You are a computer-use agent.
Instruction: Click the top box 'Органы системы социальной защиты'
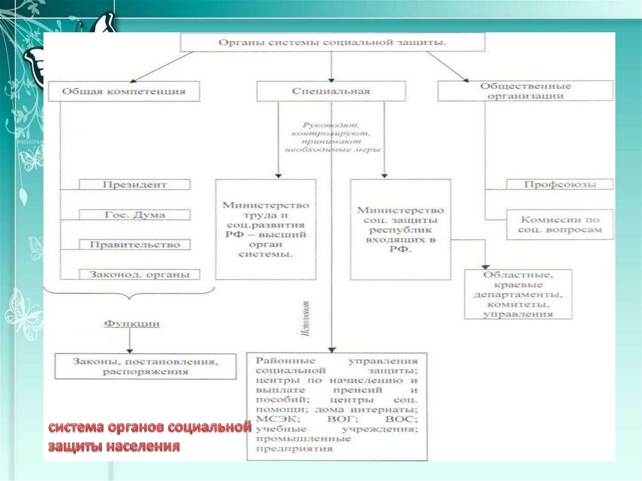point(332,43)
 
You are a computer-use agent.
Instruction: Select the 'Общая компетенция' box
point(124,91)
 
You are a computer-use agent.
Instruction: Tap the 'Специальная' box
point(331,91)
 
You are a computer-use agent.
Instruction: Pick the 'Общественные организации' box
point(525,91)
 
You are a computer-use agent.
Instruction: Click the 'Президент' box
point(135,185)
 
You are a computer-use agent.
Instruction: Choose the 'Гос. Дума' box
point(135,214)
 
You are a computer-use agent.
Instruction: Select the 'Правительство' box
point(135,245)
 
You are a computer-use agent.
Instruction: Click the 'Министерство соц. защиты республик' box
point(400,229)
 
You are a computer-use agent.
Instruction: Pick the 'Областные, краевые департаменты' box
point(518,293)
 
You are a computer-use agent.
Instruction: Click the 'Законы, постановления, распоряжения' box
point(145,366)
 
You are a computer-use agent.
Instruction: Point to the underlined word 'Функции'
point(131,324)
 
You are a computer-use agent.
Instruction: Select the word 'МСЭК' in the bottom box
point(270,418)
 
